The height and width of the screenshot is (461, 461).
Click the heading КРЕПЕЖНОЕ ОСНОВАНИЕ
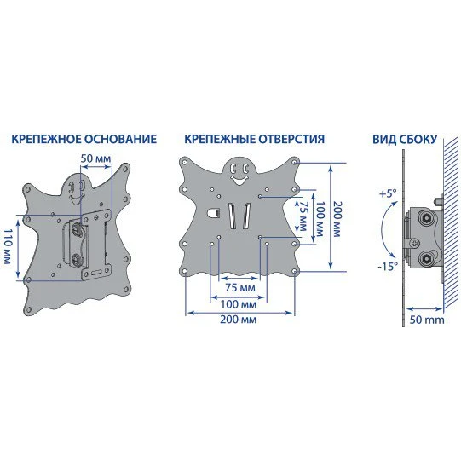tap(84, 139)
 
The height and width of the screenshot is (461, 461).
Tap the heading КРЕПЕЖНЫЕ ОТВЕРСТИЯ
tap(255, 139)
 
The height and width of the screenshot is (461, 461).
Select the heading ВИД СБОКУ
tap(405, 140)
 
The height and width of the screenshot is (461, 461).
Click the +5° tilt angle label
tap(388, 193)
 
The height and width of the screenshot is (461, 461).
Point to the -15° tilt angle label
tap(388, 267)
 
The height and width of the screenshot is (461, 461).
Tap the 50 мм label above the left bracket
tap(96, 158)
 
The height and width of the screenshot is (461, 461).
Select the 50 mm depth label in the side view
tap(427, 320)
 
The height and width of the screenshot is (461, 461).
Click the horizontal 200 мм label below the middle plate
tap(239, 320)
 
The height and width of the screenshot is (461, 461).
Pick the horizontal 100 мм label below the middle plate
tap(239, 304)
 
